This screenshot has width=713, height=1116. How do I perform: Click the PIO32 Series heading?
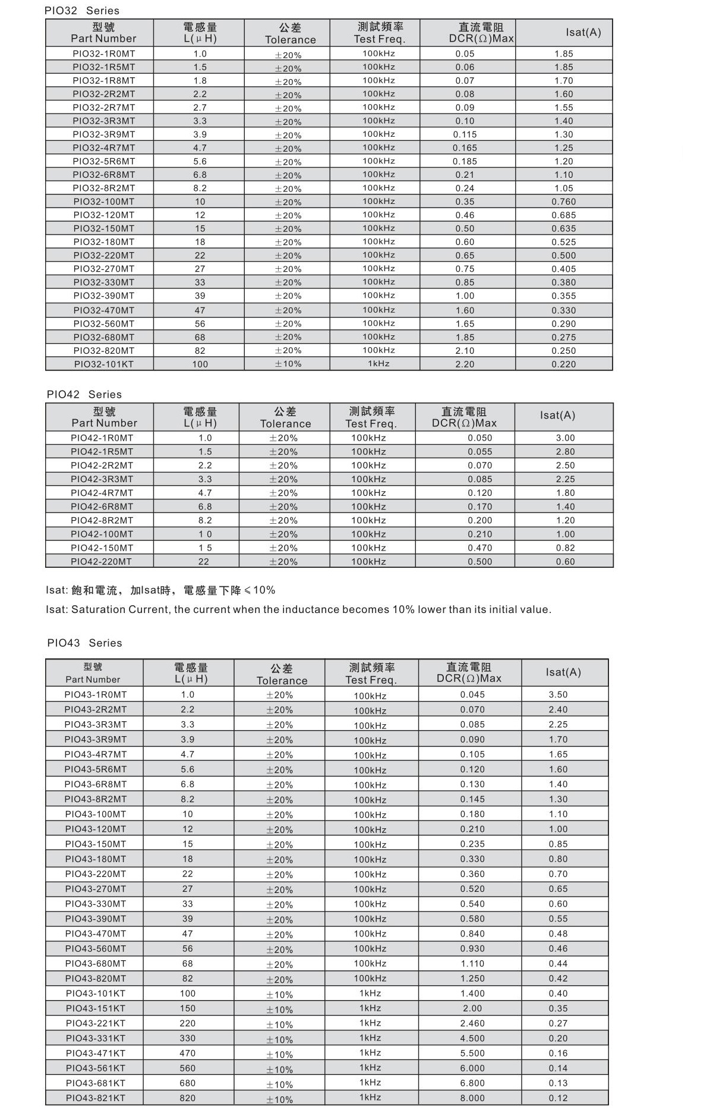coord(82,11)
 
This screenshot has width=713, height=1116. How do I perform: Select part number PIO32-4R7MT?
coord(104,147)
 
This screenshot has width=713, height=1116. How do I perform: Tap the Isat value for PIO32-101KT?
coord(563,364)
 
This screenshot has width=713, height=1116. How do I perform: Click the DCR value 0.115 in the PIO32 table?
coord(465,134)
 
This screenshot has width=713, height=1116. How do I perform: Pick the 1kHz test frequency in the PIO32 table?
coord(378,363)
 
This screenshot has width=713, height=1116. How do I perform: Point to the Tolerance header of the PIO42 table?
coord(285,423)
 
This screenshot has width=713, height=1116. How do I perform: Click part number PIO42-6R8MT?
coord(102,507)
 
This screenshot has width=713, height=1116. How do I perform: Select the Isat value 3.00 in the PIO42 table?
coord(565,438)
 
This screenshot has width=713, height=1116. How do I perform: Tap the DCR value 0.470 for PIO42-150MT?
coord(479,548)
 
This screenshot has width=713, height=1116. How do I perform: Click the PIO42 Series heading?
coord(84,394)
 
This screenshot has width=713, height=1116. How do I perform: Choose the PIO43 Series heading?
coord(84,643)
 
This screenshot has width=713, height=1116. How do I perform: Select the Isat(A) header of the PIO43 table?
coord(563,672)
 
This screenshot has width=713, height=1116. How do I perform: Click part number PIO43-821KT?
coord(96,1098)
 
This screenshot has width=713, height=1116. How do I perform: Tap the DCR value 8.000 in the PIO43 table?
coord(472,1098)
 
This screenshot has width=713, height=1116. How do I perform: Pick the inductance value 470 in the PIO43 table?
coord(187,1053)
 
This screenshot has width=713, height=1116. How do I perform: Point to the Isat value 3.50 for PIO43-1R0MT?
coord(558,694)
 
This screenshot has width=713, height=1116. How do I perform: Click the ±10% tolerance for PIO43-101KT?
coord(279,995)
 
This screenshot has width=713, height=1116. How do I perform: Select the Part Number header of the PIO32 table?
coord(103,39)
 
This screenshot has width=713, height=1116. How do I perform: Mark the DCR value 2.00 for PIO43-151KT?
coord(472,1008)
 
